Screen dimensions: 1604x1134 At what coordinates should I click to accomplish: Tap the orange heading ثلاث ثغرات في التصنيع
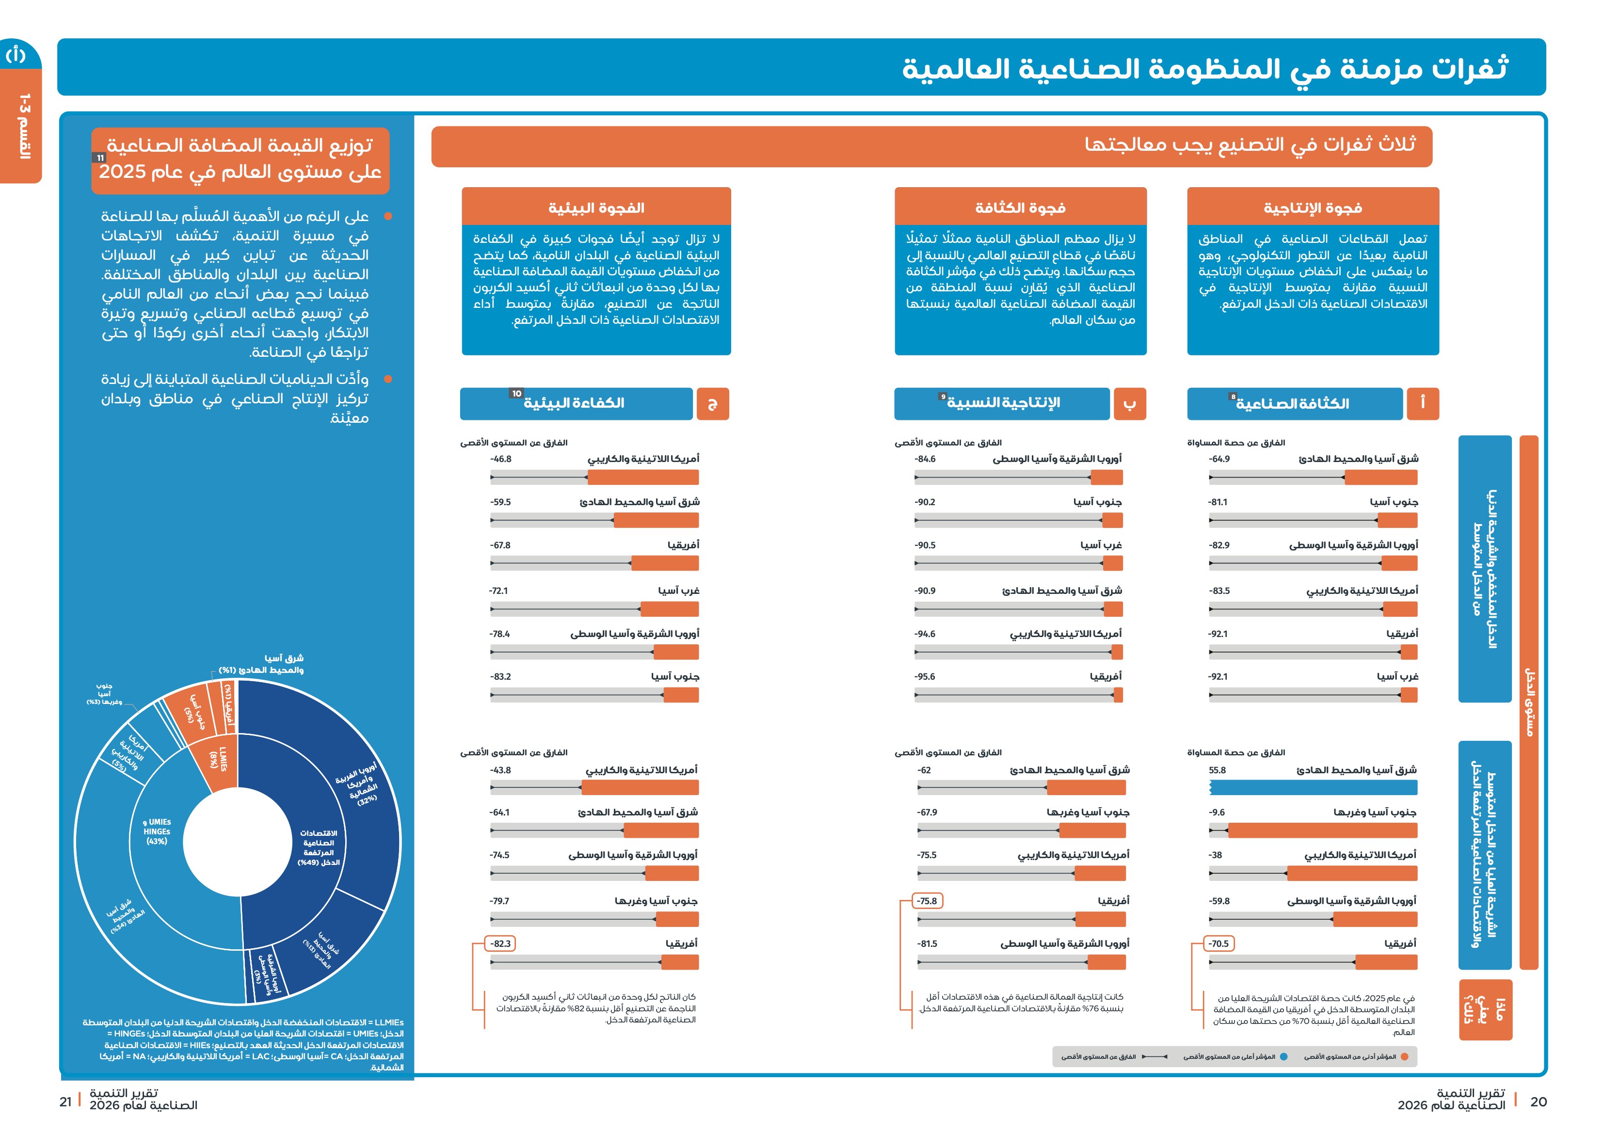pos(1250,144)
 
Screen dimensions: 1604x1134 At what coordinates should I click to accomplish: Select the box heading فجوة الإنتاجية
pos(1313,208)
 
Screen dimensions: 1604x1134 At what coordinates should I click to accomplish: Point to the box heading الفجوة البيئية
pos(596,208)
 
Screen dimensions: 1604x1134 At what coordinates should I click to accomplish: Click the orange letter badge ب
pos(1130,404)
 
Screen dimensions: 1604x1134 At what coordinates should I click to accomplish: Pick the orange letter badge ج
pos(713,404)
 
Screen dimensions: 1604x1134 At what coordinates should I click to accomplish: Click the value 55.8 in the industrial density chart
pos(1217,770)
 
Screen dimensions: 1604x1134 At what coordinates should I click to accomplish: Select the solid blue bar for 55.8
pos(1314,787)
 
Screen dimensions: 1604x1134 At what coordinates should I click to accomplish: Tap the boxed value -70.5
pos(1219,943)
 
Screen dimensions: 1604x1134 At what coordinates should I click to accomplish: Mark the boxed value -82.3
pos(500,943)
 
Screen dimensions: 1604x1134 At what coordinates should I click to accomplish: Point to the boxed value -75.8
pos(927,901)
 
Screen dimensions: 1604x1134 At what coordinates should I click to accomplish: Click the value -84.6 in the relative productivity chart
pos(925,459)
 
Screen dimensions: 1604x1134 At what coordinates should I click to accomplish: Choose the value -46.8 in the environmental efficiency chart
pos(501,459)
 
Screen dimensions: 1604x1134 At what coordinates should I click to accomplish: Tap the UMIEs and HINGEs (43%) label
pos(157,831)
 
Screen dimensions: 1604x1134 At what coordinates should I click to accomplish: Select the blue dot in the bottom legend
pos(1283,1057)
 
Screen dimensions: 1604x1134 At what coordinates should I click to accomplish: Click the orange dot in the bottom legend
pos(1404,1057)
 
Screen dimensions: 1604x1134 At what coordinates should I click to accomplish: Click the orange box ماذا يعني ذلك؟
pos(1485,1009)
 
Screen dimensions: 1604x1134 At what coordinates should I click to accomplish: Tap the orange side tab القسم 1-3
pos(23,126)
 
